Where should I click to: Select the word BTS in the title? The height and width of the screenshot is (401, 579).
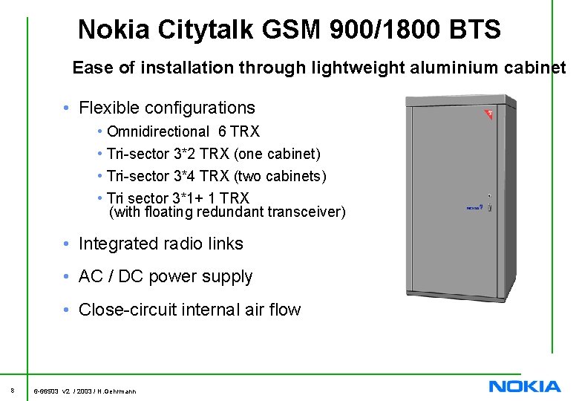(x=474, y=30)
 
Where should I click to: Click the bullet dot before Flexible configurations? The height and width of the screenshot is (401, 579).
(x=67, y=108)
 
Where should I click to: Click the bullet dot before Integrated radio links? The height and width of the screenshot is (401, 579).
(x=67, y=244)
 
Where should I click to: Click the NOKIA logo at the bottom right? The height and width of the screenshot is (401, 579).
(x=525, y=386)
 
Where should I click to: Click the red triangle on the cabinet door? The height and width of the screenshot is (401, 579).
(x=488, y=114)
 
